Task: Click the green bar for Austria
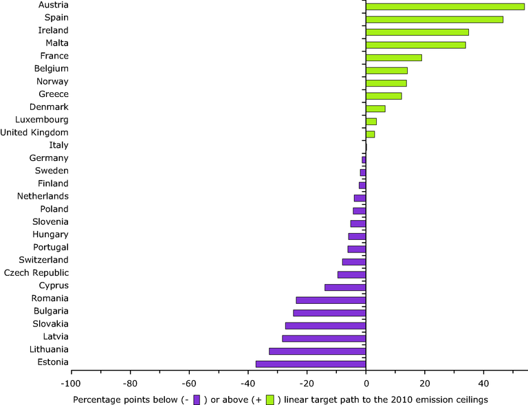(x=445, y=6)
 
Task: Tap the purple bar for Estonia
(x=311, y=364)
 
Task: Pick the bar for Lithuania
(x=318, y=351)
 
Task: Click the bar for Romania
(x=331, y=300)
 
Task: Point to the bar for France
(x=394, y=58)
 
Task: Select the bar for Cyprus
(x=345, y=287)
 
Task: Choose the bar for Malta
(x=416, y=45)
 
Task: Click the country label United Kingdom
(x=34, y=132)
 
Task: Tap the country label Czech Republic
(x=36, y=273)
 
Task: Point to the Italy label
(x=59, y=145)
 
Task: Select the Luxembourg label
(x=42, y=120)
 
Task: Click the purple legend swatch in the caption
(x=197, y=399)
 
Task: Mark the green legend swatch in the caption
(x=270, y=399)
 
